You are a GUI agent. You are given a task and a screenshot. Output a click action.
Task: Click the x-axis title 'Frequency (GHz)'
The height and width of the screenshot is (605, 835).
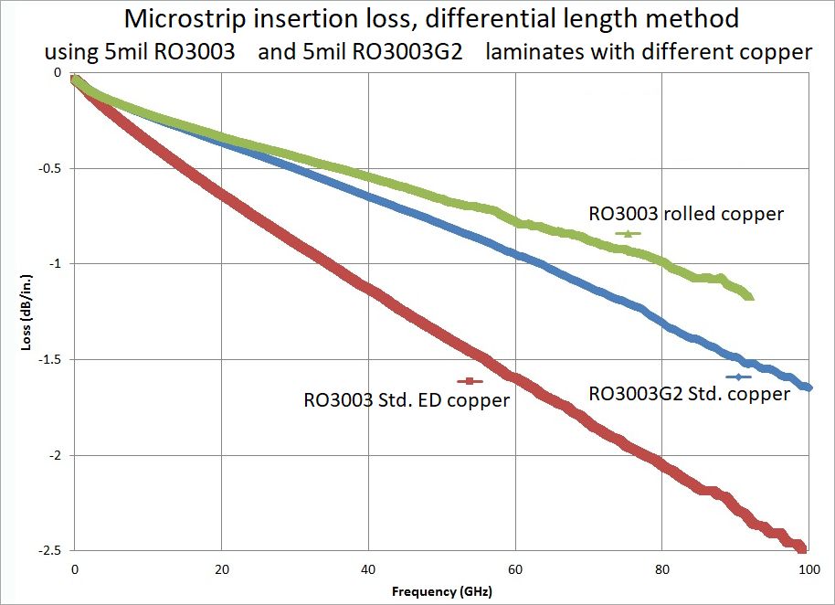pos(441,591)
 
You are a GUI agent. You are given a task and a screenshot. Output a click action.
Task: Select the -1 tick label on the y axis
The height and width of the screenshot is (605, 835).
pos(58,264)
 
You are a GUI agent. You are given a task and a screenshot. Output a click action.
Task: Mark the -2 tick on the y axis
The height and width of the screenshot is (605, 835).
pos(58,456)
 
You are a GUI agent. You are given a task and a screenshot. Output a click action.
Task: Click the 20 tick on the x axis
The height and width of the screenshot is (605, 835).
pos(221,568)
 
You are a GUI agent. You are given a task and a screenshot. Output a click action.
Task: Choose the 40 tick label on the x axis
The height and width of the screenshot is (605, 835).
pos(368,568)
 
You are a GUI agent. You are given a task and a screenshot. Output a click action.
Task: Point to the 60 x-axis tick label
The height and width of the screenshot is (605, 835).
pos(515,568)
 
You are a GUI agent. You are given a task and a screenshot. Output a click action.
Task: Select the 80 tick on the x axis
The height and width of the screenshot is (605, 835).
pos(662,568)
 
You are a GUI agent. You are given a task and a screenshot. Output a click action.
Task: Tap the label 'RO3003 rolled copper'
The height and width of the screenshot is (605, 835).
pos(686,214)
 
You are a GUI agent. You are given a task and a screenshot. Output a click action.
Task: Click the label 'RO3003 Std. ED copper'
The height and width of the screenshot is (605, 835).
pos(407,399)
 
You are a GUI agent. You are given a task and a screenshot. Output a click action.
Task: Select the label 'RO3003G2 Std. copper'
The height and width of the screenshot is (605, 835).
pos(690,394)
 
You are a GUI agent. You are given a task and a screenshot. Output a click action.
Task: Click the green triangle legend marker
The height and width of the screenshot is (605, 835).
pos(628,233)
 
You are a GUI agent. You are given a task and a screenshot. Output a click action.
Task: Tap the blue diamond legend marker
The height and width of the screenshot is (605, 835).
pos(737,377)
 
